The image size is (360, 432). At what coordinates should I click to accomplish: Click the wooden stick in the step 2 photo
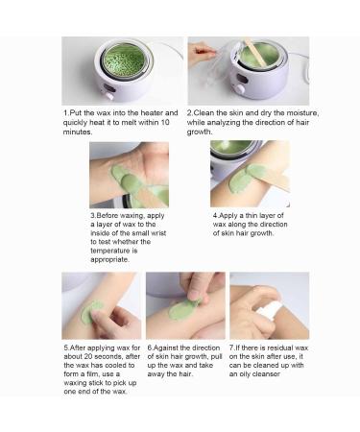click(x=251, y=56)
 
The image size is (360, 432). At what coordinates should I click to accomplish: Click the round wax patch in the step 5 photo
click(x=91, y=312)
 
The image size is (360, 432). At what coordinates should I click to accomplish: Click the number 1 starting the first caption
click(x=66, y=112)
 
